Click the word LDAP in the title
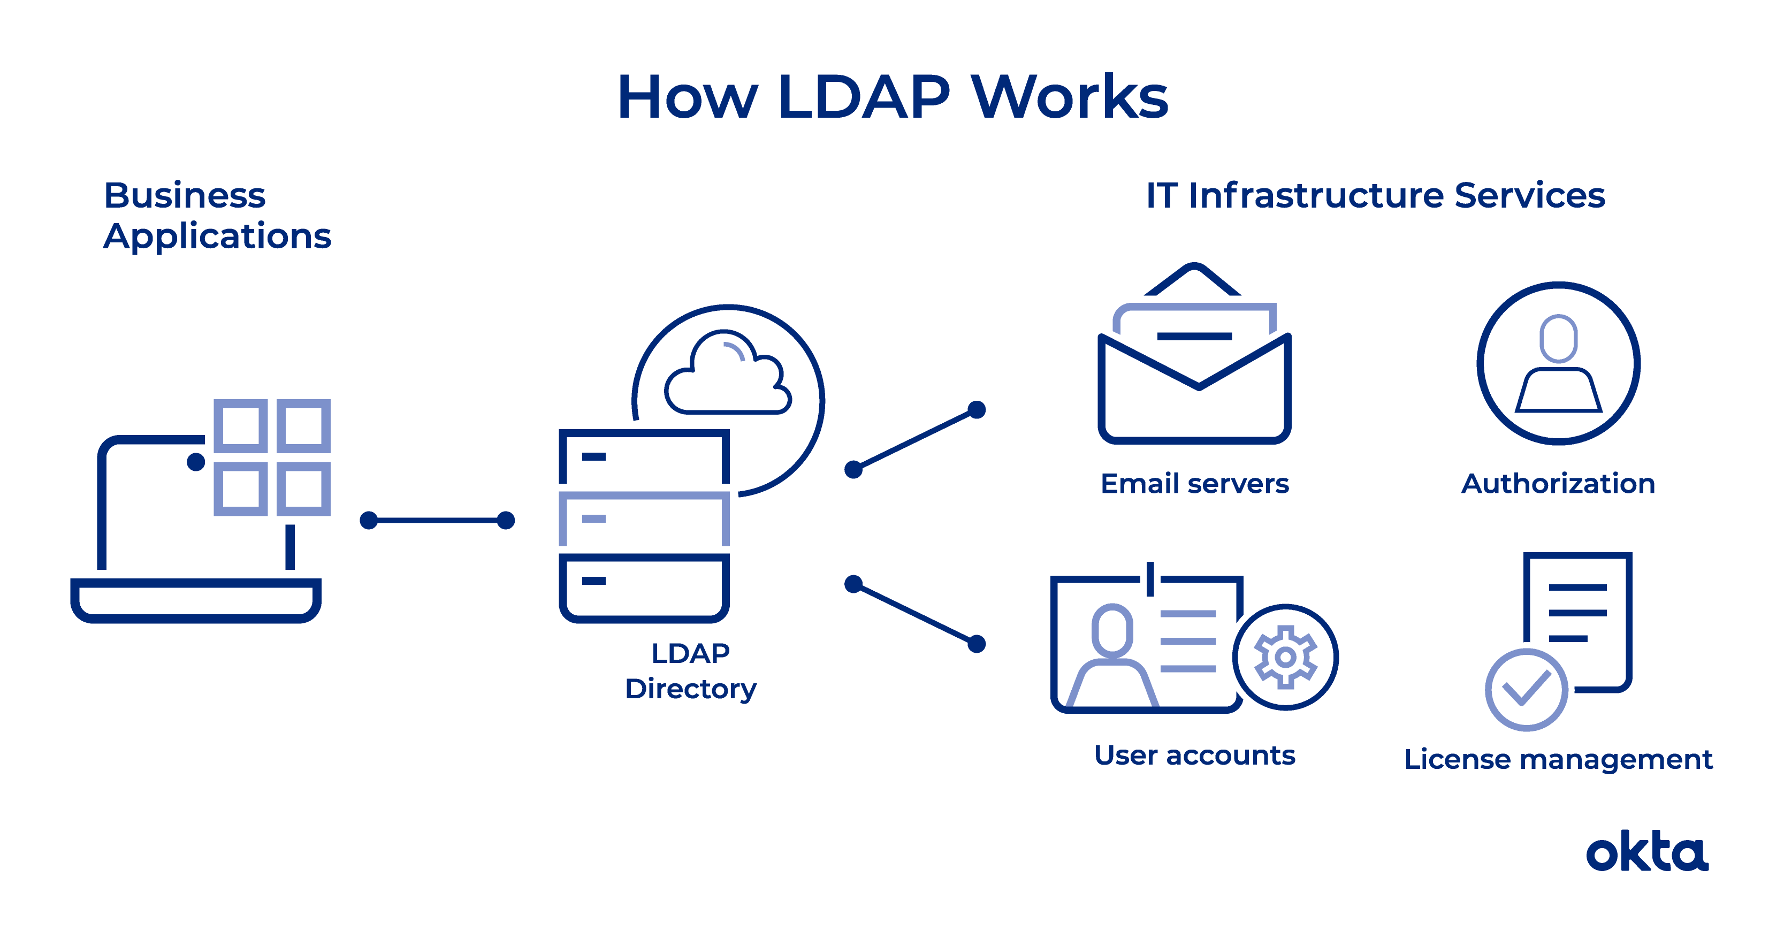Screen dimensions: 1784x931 point(864,97)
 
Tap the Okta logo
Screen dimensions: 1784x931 point(1647,851)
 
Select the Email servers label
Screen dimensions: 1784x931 point(1195,484)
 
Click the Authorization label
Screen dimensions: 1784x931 point(1558,484)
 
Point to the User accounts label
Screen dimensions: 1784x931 point(1195,755)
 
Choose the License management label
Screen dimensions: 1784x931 point(1558,760)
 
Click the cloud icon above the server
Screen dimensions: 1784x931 point(727,373)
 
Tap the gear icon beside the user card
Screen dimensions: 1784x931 point(1285,657)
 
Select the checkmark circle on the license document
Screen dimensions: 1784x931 point(1527,690)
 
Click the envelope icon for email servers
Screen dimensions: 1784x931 point(1195,353)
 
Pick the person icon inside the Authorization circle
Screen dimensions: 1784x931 point(1558,364)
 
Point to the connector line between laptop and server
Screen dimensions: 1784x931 point(437,520)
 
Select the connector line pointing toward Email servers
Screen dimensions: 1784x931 point(915,440)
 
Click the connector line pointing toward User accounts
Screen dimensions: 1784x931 point(915,614)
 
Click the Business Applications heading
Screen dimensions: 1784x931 point(217,216)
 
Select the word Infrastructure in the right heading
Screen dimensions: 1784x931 point(1316,195)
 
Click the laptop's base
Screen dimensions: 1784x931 point(196,600)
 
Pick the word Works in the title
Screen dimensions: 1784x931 point(1070,97)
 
